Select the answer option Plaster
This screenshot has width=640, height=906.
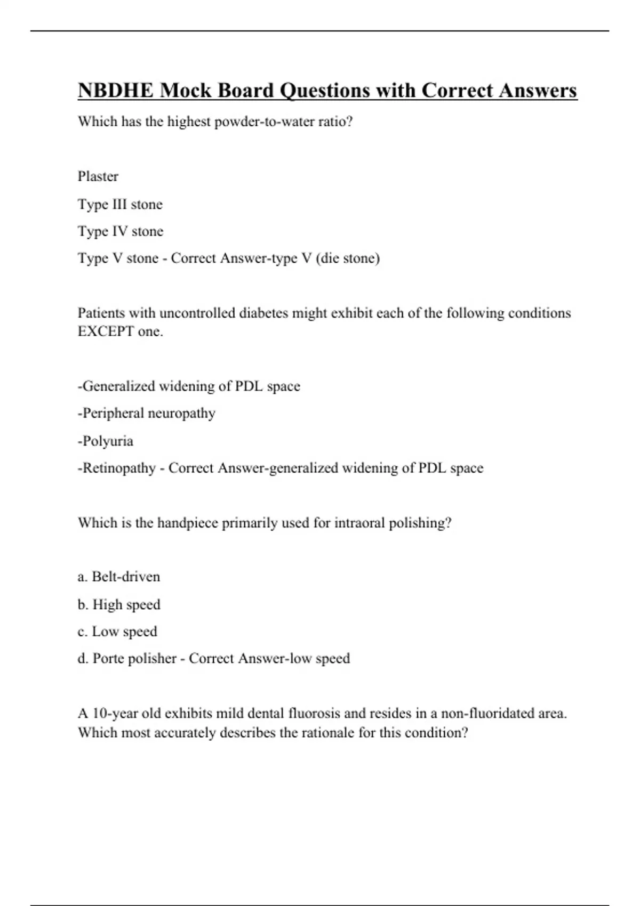(98, 176)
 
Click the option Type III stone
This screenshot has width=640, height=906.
(120, 204)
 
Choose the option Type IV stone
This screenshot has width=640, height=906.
(121, 231)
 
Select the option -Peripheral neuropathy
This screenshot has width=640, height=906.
(147, 414)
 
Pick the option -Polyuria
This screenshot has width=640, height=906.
(106, 441)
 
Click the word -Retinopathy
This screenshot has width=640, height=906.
(117, 468)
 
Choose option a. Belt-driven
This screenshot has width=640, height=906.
(119, 577)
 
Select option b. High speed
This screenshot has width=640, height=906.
(119, 605)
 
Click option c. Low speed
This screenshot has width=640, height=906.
(117, 632)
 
